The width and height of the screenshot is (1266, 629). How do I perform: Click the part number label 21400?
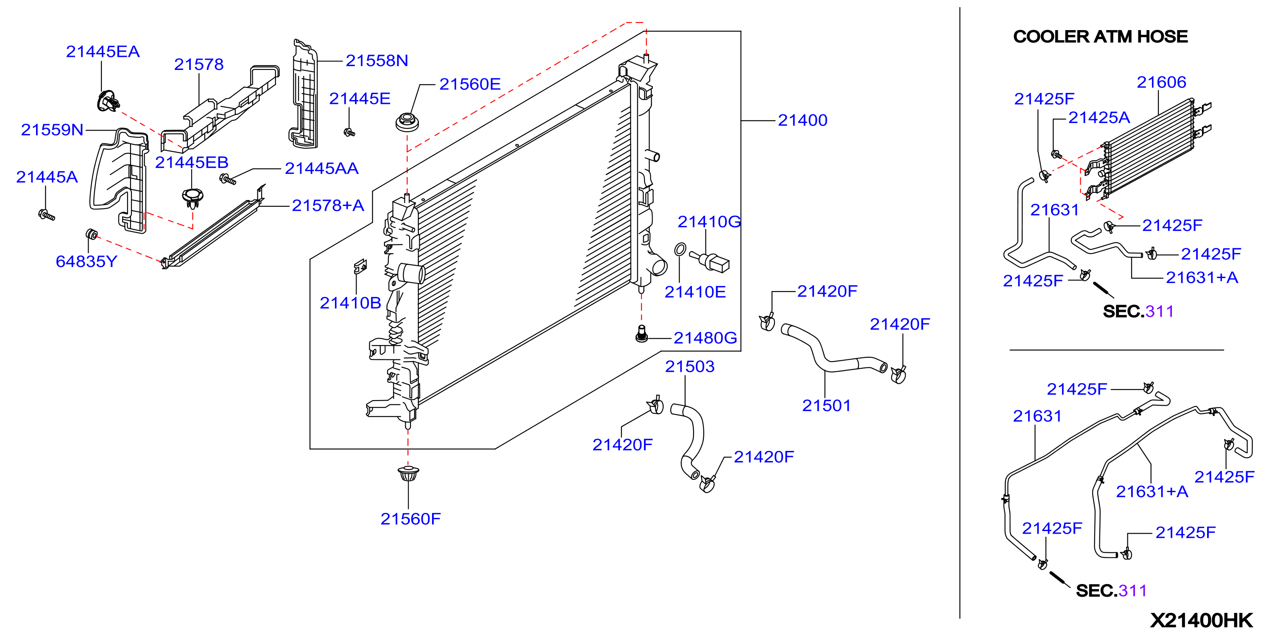coord(803,120)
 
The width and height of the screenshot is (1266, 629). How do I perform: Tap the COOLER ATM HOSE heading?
coord(1100,36)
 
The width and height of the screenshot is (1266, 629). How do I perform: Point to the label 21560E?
coord(470,84)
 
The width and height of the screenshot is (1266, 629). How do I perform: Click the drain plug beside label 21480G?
coord(641,334)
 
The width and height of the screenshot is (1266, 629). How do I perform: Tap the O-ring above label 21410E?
coord(680,249)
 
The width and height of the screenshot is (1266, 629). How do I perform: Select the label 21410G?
coord(709,222)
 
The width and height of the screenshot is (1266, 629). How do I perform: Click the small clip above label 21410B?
coord(360,266)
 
